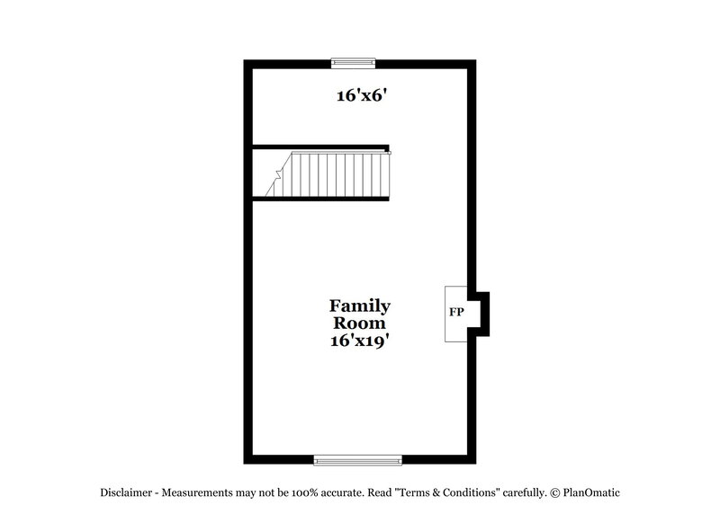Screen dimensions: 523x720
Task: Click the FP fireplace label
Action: click(456, 313)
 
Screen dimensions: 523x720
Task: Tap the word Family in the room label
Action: click(360, 306)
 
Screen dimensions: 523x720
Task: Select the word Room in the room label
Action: click(360, 324)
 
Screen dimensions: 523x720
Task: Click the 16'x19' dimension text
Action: click(360, 341)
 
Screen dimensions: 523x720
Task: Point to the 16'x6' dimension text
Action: click(362, 95)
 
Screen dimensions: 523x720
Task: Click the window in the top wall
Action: click(353, 63)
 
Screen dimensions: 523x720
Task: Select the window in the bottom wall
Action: click(357, 460)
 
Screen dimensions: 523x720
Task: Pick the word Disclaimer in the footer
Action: click(127, 492)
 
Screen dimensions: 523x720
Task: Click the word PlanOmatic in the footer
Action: click(592, 492)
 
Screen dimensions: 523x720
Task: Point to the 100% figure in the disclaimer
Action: click(324, 492)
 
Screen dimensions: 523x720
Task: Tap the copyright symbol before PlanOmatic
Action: click(555, 492)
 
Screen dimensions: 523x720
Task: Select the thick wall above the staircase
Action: click(319, 146)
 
